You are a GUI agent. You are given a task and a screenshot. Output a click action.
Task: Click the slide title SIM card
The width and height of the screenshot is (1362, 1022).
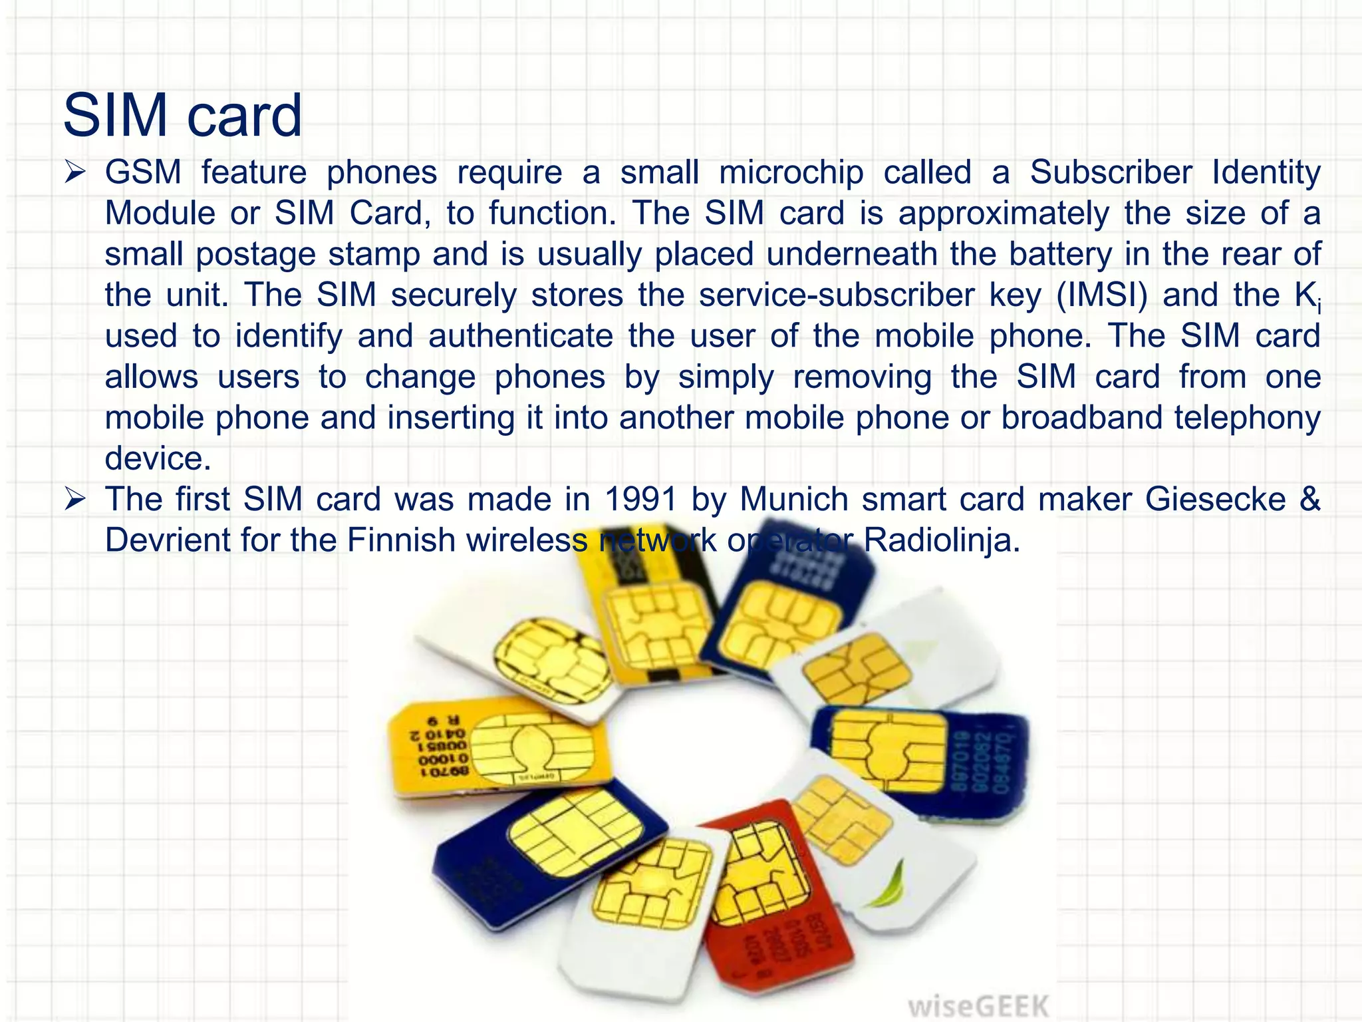[x=182, y=115]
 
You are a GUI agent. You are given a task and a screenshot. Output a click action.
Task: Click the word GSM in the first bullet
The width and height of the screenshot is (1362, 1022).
[x=143, y=172]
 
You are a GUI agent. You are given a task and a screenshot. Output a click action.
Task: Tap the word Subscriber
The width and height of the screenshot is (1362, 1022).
[x=1111, y=172]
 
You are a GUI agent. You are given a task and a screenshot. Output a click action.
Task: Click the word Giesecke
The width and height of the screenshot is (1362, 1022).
[x=1215, y=499]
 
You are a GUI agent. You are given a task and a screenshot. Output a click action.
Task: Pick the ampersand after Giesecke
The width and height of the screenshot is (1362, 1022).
[x=1309, y=499]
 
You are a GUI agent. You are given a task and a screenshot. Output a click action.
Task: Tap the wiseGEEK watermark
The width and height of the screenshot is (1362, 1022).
[x=978, y=1005]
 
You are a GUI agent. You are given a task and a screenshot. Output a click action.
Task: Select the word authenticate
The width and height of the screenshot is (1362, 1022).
[x=521, y=336]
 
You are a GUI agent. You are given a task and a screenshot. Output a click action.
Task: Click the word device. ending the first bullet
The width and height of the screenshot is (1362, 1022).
[x=158, y=458]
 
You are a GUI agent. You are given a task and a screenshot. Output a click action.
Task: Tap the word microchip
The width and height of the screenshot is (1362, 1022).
[x=791, y=172]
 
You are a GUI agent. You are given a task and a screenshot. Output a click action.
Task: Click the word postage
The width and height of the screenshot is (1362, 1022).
[x=255, y=254]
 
